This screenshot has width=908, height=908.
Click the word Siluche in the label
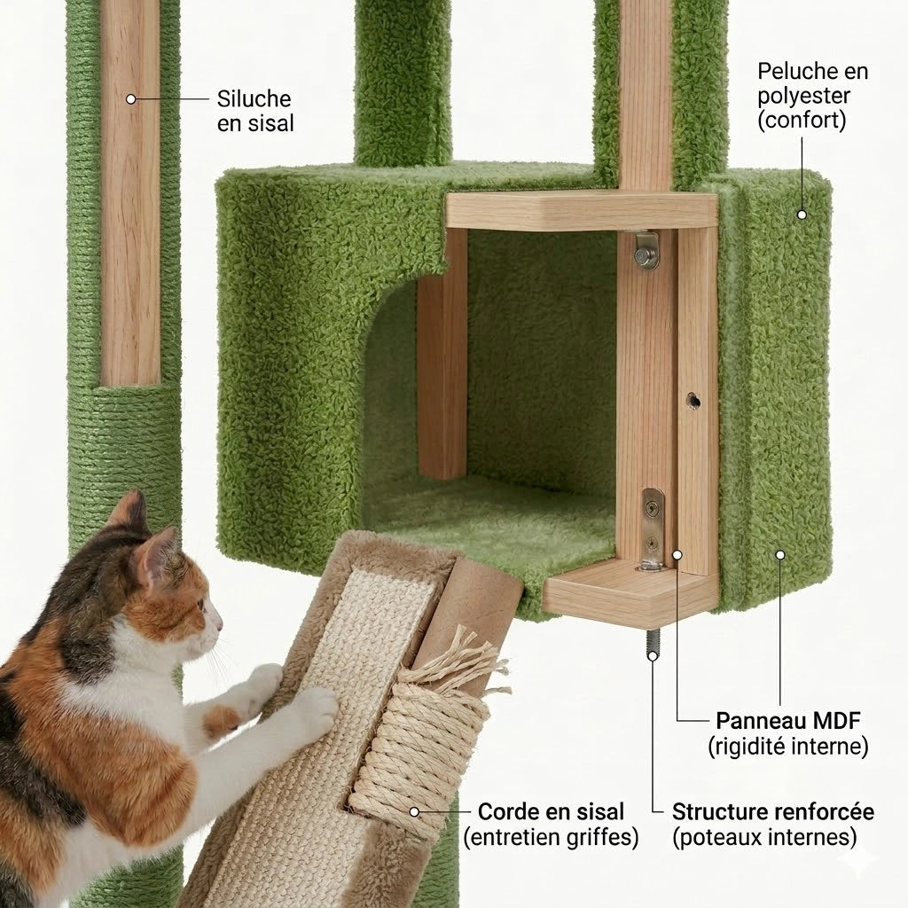254,98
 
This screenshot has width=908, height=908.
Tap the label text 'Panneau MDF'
787,719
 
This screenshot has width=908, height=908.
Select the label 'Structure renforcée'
772,811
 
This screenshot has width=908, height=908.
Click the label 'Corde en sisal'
551,811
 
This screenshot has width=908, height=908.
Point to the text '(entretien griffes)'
551,837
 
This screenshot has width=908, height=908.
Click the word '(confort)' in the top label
802,120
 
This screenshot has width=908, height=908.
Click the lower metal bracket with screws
652,530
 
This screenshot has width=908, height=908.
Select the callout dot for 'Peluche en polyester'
802,214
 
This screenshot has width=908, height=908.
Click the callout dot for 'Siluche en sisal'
131,99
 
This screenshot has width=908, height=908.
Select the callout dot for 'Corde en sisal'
413,810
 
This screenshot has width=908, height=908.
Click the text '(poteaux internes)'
764,837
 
